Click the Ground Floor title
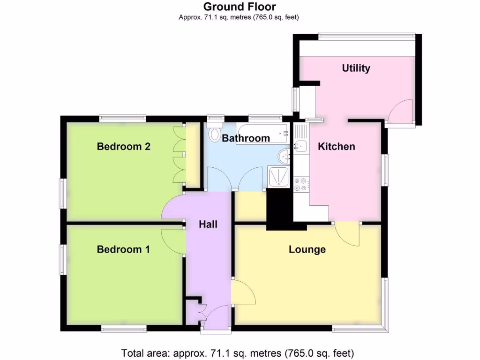coord(239,7)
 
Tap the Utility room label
coord(356,68)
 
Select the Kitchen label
coord(336,146)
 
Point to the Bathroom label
coord(246,138)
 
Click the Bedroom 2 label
coord(123,146)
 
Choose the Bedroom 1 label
coord(123,249)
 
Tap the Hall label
coord(208,225)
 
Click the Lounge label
coord(307,249)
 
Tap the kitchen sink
coord(300,145)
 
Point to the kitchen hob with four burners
coord(300,185)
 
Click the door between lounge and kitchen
coord(348,233)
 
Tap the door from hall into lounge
coord(243,292)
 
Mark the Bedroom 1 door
coord(172,241)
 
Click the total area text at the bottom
coord(238,352)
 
